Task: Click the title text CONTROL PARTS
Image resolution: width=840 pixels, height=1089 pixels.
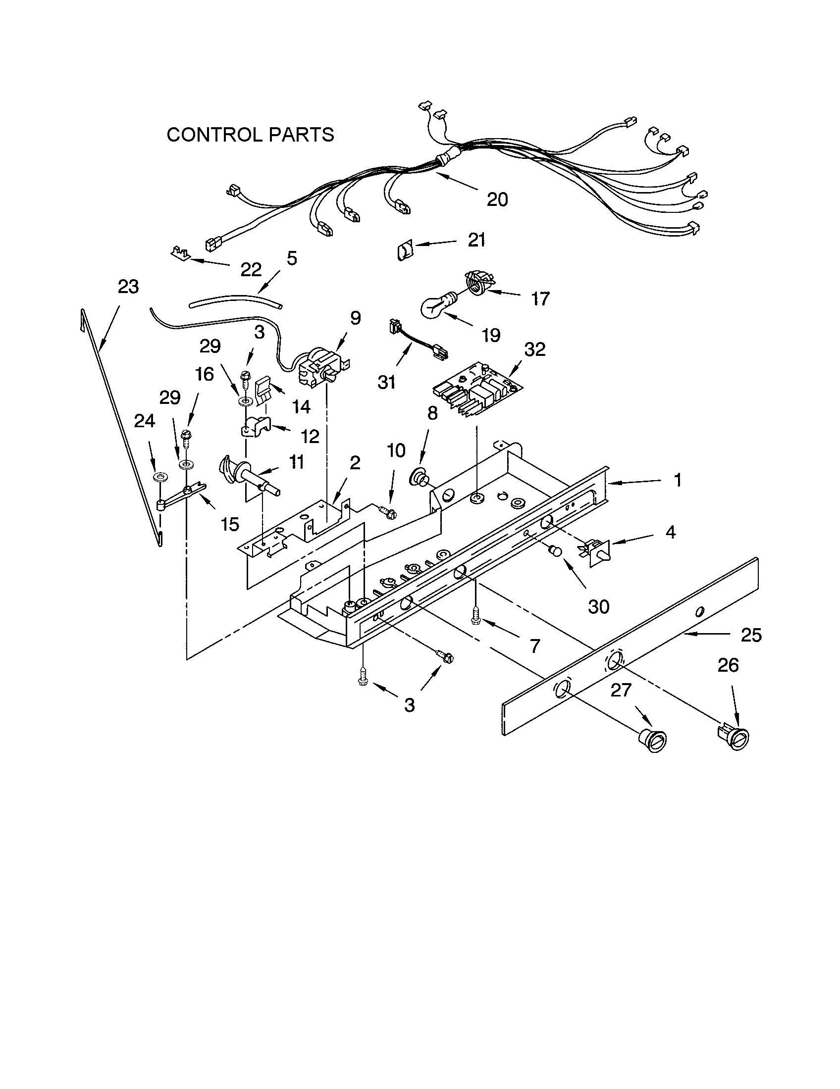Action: point(250,135)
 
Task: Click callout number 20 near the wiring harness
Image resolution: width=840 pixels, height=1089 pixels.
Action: point(497,199)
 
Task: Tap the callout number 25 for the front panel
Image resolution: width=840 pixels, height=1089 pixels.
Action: point(751,635)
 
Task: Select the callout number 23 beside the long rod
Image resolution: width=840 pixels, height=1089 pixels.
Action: point(128,287)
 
